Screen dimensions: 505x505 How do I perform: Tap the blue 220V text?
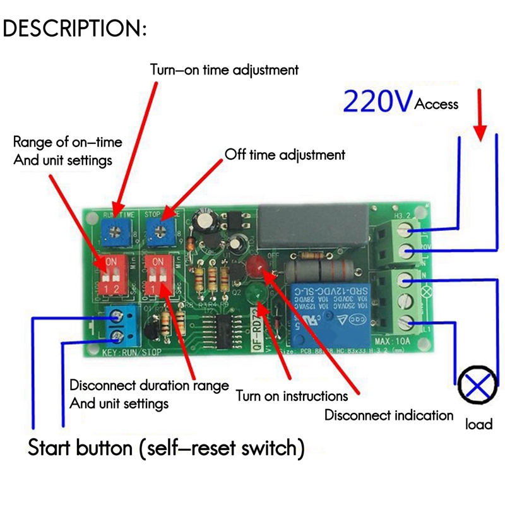coord(377,101)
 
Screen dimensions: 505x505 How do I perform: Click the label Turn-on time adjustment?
coord(224,69)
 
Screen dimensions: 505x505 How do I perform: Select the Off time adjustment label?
coord(285,155)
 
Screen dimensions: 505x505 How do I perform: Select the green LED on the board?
coord(256,294)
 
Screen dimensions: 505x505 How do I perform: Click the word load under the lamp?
coord(478,424)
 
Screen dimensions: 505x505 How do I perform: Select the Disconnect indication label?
coord(388,415)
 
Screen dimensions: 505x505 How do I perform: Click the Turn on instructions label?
coord(292,396)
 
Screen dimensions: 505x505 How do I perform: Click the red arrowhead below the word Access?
coord(480,132)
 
